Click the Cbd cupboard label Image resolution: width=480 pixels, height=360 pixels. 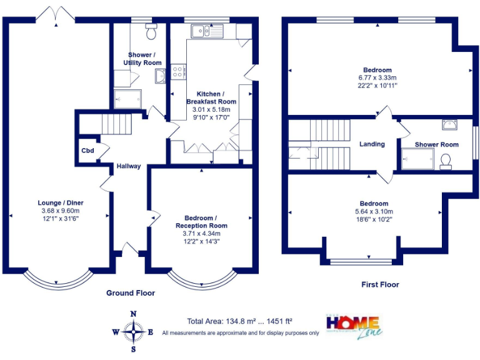click(x=87, y=150)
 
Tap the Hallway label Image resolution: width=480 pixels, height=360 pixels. click(x=128, y=166)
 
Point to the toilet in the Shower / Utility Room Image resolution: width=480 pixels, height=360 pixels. click(x=149, y=31)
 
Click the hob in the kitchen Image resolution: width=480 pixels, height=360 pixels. click(x=179, y=72)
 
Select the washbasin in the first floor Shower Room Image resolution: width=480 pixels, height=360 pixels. click(x=449, y=124)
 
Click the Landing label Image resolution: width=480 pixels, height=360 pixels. click(x=372, y=144)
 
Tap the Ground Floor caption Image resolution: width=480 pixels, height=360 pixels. click(x=131, y=292)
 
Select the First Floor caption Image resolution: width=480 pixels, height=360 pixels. click(x=380, y=284)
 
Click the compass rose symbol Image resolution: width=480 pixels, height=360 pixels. click(x=132, y=331)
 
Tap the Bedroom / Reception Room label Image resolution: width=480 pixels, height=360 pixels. click(x=201, y=221)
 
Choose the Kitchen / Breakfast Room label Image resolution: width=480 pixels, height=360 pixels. click(x=211, y=97)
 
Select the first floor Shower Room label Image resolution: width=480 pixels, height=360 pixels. click(x=436, y=144)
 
